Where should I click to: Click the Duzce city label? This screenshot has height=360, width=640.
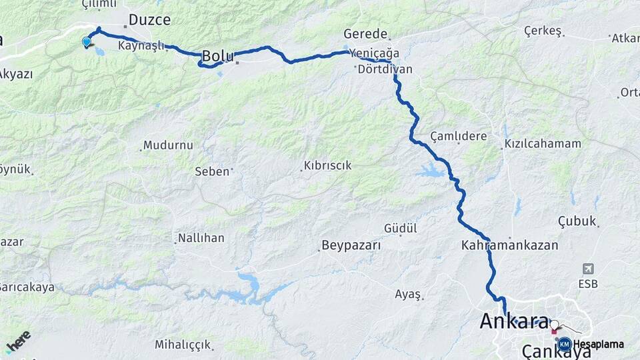(149, 20)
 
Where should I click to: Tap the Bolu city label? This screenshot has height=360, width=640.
(217, 56)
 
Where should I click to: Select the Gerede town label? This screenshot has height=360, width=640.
(365, 33)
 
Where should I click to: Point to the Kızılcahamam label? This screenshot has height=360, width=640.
(543, 143)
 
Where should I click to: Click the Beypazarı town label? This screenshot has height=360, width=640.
(351, 245)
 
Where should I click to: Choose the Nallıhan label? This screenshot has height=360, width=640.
(201, 237)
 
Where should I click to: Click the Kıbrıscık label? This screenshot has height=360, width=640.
(327, 165)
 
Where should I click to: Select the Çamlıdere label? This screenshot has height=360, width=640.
(459, 136)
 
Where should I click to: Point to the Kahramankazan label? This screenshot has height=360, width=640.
(509, 245)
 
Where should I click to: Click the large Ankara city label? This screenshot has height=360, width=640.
(514, 321)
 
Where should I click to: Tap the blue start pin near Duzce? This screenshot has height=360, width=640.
(86, 42)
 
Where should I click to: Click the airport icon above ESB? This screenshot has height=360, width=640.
(588, 269)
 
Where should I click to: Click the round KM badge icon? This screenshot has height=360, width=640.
(564, 344)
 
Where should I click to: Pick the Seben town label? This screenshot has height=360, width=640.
(211, 171)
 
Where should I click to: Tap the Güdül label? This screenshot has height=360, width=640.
(400, 228)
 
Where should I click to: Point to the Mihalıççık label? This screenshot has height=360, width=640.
(183, 345)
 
